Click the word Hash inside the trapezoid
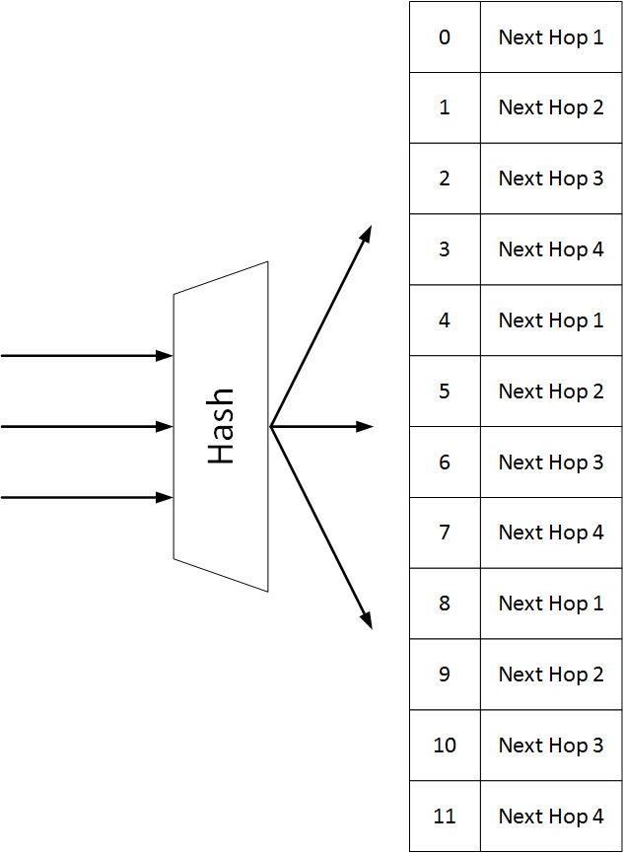click(x=221, y=426)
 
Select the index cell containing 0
click(x=445, y=37)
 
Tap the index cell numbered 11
click(x=445, y=816)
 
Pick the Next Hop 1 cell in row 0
click(x=551, y=37)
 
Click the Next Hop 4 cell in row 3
click(x=551, y=249)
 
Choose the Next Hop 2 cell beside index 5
click(x=551, y=391)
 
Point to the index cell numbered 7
click(x=445, y=533)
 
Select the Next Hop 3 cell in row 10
click(x=551, y=746)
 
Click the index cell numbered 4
click(x=445, y=320)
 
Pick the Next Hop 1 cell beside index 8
click(x=551, y=604)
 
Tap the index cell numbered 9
click(x=445, y=675)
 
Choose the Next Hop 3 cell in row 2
click(x=551, y=178)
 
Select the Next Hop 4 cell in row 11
click(x=551, y=816)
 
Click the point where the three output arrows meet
click(x=271, y=427)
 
